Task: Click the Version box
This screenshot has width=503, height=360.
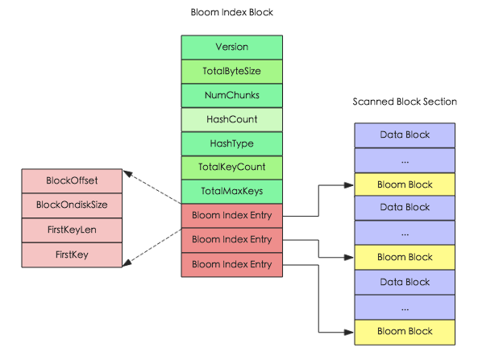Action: (231, 47)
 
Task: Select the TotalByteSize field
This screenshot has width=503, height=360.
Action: (231, 71)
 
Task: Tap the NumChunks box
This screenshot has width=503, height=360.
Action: (231, 95)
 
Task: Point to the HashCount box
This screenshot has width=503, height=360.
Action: (231, 119)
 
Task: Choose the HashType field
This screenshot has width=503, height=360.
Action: (231, 143)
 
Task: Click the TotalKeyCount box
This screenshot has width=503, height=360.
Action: (231, 168)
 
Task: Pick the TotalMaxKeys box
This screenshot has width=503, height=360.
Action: (231, 192)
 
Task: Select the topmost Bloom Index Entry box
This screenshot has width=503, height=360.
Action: (231, 216)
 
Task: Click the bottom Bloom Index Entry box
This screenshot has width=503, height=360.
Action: (231, 264)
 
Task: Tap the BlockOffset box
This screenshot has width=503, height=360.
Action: (73, 180)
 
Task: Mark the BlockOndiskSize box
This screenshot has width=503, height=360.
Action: (73, 205)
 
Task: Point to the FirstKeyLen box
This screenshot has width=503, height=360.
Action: (73, 230)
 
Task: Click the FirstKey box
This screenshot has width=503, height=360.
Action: (73, 254)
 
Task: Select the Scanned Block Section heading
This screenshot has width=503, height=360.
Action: (405, 101)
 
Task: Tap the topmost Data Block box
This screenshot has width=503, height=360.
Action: (405, 134)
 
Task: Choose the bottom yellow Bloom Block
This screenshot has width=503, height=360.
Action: (405, 331)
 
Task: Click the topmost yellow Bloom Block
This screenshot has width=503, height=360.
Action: (405, 184)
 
